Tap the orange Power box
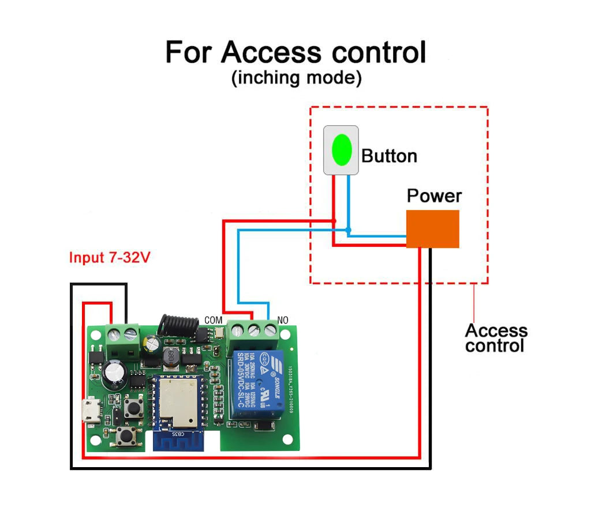click(432, 229)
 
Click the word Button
click(389, 156)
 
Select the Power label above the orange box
click(434, 196)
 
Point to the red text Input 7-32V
click(110, 257)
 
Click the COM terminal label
click(213, 319)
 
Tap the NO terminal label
click(283, 319)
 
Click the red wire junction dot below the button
click(334, 221)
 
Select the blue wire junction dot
click(348, 231)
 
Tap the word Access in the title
click(271, 52)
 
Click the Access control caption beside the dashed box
click(496, 338)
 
